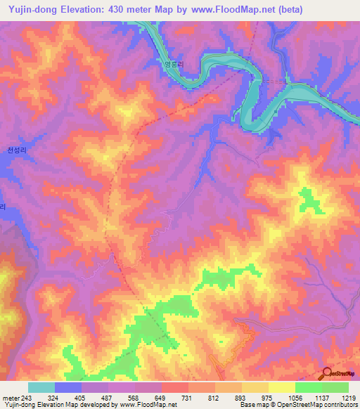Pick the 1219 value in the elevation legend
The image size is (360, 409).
(348, 398)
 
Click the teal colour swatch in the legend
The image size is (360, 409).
(41, 387)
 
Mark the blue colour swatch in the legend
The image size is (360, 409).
(67, 387)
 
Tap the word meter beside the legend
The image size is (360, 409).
(10, 398)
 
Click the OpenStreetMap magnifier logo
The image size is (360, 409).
(328, 373)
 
